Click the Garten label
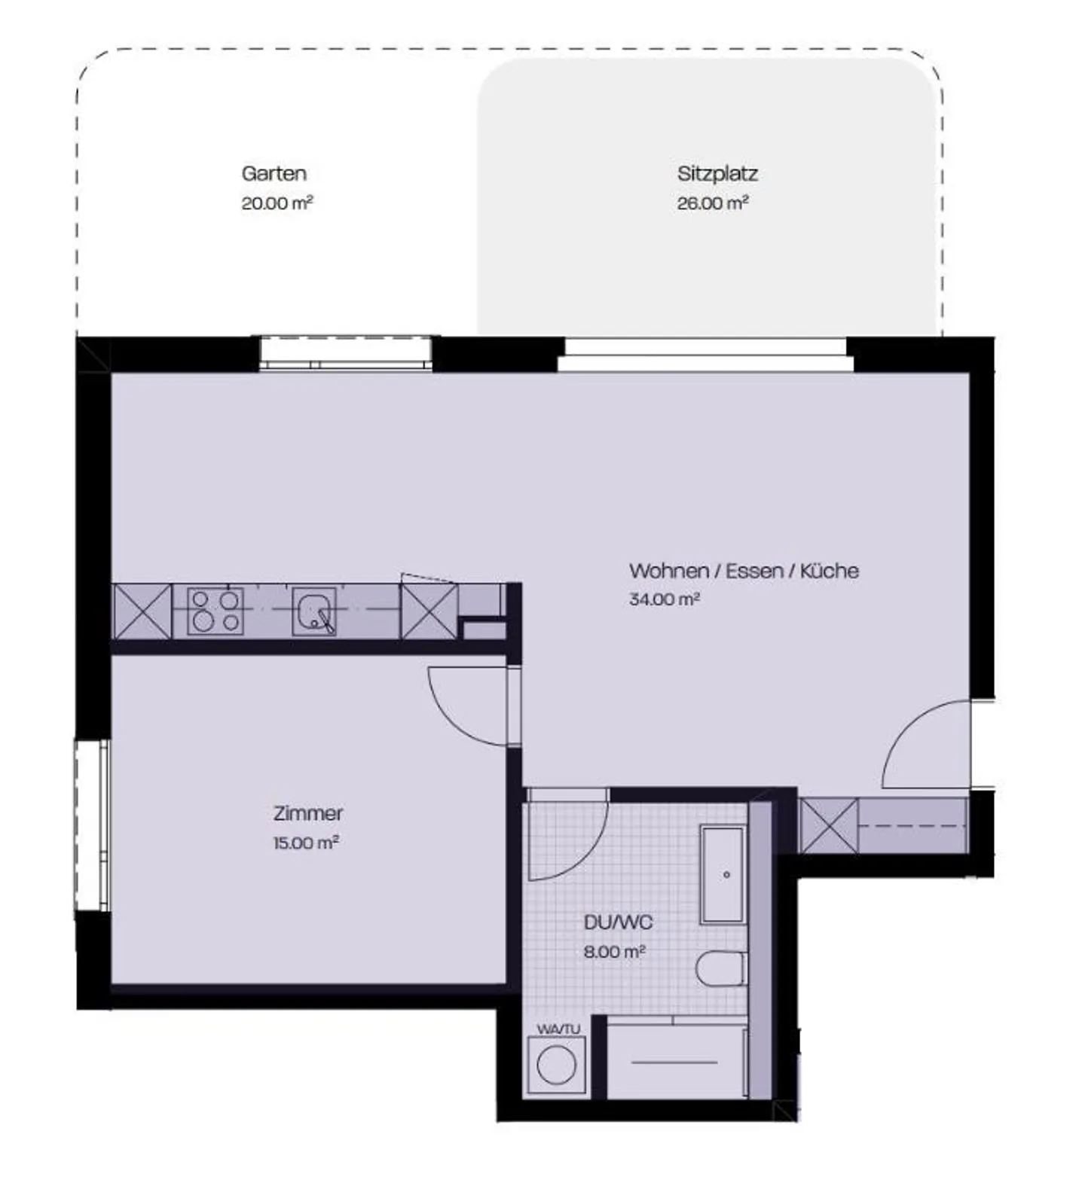[x=274, y=173]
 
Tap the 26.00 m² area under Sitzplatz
[x=712, y=203]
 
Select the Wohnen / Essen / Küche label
[x=744, y=571]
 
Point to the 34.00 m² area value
[x=664, y=600]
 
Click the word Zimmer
[x=307, y=813]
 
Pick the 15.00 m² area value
[x=305, y=843]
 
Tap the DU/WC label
[x=618, y=922]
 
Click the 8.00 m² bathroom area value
[x=614, y=952]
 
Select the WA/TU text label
[x=558, y=1029]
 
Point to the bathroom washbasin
[x=723, y=874]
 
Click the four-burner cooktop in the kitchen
[x=215, y=611]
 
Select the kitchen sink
[x=314, y=611]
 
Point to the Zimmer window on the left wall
[x=93, y=825]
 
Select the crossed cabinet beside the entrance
[x=828, y=826]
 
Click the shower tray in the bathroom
[x=675, y=1061]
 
